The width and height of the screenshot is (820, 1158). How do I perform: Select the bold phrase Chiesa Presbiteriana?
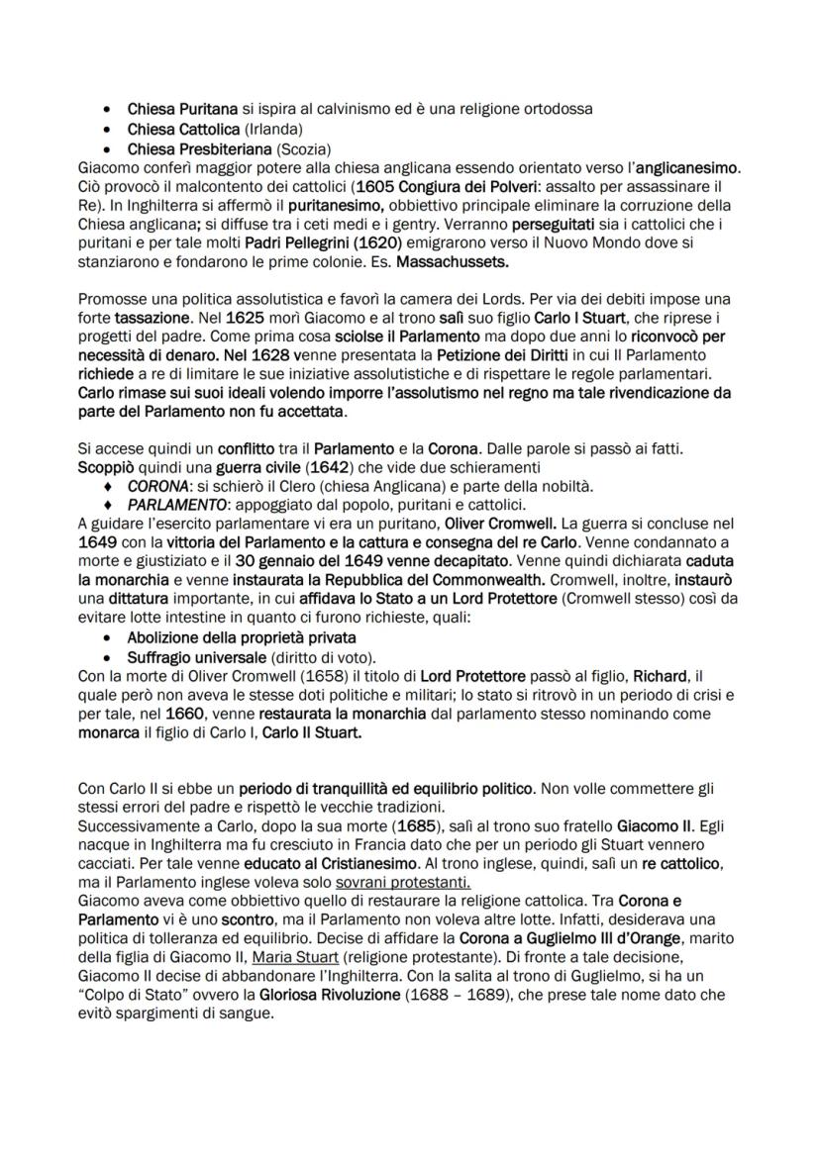coord(201,149)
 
